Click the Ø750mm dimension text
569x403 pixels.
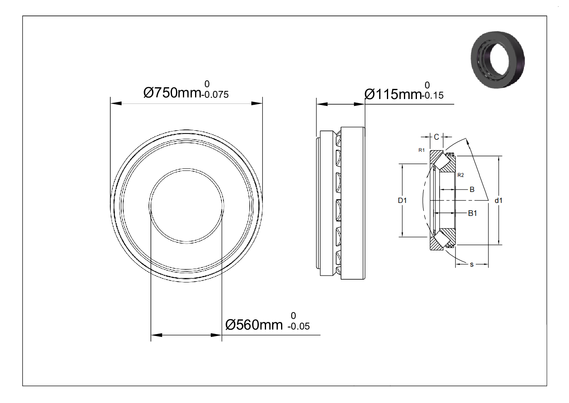tap(172, 93)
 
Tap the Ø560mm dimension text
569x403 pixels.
tap(254, 325)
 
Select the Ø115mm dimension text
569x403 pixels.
tap(393, 94)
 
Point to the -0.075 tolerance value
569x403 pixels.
tap(215, 95)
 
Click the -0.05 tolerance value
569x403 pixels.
tap(298, 326)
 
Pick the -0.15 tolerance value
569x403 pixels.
tap(433, 95)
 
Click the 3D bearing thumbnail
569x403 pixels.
tap(498, 60)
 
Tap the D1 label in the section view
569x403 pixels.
tap(402, 200)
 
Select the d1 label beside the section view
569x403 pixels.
tap(498, 200)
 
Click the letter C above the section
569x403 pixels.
tap(436, 137)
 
